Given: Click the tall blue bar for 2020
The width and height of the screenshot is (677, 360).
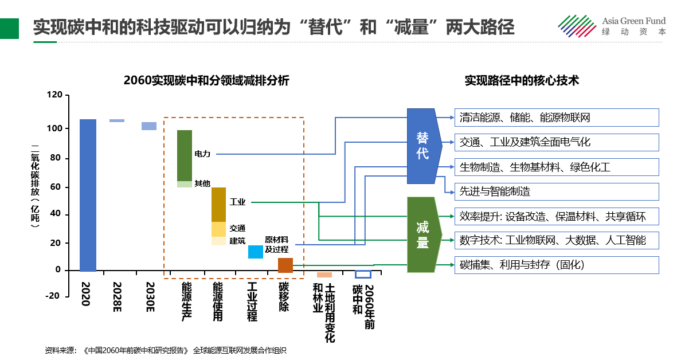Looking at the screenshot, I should tap(88, 195).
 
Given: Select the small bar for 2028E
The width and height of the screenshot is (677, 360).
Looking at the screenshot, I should tap(117, 120).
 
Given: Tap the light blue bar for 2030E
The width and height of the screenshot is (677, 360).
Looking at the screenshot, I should tap(149, 126).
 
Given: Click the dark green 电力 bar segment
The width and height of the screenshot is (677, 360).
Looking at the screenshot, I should tap(185, 155).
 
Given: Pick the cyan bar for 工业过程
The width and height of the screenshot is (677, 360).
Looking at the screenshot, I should tap(256, 252).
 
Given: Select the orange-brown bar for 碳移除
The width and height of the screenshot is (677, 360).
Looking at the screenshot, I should tap(285, 265).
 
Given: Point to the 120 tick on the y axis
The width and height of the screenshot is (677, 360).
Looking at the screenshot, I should tap(54, 96).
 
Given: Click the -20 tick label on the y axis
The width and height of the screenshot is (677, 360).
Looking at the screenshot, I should tap(53, 296).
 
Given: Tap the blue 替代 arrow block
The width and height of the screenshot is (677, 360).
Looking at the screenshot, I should tap(423, 146).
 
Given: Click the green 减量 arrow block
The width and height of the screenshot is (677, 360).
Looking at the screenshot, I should tap(423, 235).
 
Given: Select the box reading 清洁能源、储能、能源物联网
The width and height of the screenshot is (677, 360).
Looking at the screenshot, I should tap(556, 118).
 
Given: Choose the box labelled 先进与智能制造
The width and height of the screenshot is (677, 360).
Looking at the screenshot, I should tap(556, 191).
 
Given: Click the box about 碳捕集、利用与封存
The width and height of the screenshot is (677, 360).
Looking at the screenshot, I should tap(556, 265).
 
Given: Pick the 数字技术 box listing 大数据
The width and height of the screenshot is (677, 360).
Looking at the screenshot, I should tap(556, 240).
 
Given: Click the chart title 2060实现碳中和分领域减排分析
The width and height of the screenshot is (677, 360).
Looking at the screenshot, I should tap(206, 81).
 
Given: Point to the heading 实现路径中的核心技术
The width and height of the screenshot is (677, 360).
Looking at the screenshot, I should tap(522, 81).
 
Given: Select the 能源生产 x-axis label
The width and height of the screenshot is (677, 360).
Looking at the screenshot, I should tap(186, 302).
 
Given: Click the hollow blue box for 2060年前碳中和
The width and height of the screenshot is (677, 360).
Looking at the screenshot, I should tap(363, 274).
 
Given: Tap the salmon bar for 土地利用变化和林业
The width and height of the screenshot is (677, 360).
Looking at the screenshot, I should tap(324, 275).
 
